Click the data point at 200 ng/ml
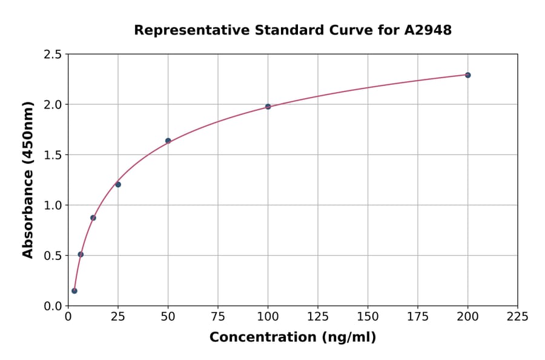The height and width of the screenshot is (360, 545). [x=467, y=75]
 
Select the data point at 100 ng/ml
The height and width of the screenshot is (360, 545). [x=268, y=107]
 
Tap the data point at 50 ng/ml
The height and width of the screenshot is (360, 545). [x=168, y=141]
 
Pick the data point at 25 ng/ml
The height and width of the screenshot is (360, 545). [x=118, y=184]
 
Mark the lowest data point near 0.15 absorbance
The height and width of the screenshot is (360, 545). [x=74, y=291]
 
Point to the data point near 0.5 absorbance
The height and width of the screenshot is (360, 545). [x=81, y=255]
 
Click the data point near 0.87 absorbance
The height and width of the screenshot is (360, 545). [x=93, y=218]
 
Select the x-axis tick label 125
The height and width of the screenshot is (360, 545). [x=318, y=316]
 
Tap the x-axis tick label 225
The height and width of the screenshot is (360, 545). [x=518, y=316]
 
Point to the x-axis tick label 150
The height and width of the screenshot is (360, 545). [x=368, y=316]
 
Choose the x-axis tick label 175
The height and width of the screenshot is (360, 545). [x=418, y=316]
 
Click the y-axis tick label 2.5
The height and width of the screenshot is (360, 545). [x=52, y=55]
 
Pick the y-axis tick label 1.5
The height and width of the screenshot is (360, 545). [x=52, y=155]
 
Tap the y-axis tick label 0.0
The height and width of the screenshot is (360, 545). [x=52, y=306]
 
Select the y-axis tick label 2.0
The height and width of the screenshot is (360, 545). [x=52, y=105]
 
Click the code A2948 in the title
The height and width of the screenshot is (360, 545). [x=428, y=30]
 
